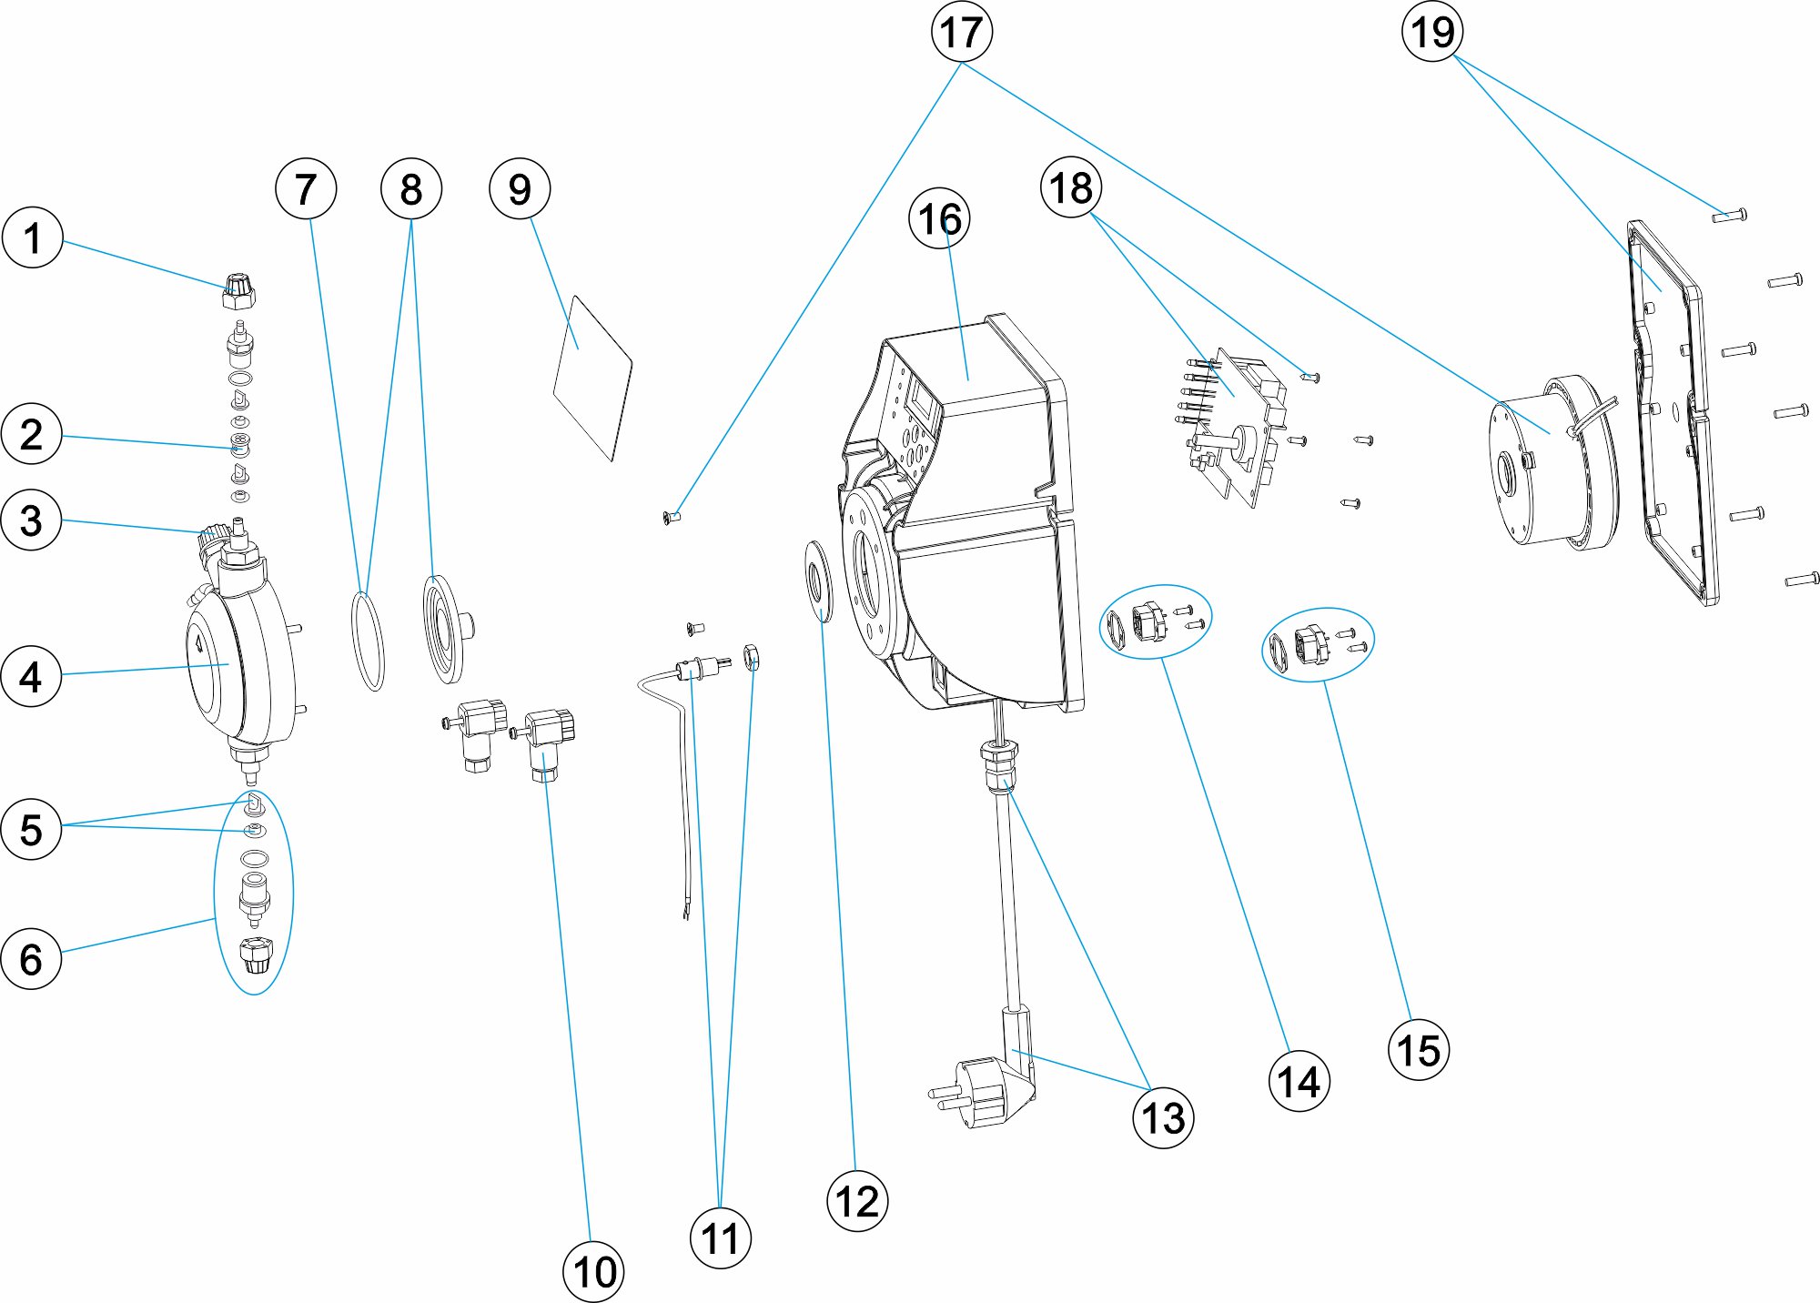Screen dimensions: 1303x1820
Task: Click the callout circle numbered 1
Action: click(32, 238)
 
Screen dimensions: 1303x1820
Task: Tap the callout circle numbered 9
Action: click(520, 189)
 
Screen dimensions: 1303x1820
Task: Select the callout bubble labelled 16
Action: click(939, 219)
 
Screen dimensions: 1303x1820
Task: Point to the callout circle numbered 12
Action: click(856, 1201)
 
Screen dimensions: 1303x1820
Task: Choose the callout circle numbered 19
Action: click(1432, 32)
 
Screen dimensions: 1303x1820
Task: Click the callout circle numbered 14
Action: click(1299, 1081)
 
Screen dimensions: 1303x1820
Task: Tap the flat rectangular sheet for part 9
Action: click(592, 377)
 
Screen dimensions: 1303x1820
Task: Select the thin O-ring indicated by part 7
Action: click(368, 641)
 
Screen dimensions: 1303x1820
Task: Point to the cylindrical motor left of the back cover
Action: click(1547, 464)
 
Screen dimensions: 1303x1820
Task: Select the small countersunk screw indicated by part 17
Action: click(672, 519)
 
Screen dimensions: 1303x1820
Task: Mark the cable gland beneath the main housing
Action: click(999, 764)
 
